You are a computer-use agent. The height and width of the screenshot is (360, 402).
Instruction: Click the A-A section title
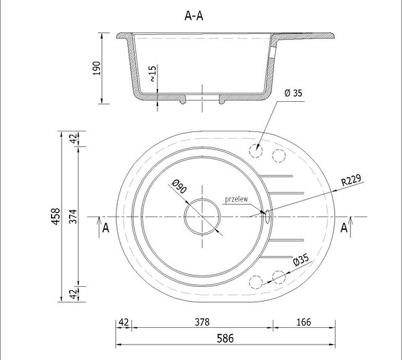[194, 16]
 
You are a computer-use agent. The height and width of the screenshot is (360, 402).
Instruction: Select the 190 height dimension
[96, 68]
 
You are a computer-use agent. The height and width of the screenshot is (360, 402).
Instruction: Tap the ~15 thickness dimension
[152, 74]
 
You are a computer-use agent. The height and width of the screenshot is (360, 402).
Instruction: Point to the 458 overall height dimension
[56, 217]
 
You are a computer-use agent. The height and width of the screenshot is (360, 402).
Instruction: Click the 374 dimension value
[73, 217]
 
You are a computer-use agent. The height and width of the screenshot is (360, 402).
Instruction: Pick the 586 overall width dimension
[225, 339]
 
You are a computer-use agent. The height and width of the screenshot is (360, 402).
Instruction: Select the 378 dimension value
[202, 322]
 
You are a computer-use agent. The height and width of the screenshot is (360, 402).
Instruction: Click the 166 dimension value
[304, 322]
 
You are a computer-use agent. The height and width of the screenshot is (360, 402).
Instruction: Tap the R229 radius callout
[351, 180]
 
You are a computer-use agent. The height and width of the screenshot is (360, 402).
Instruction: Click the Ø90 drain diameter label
[179, 186]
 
